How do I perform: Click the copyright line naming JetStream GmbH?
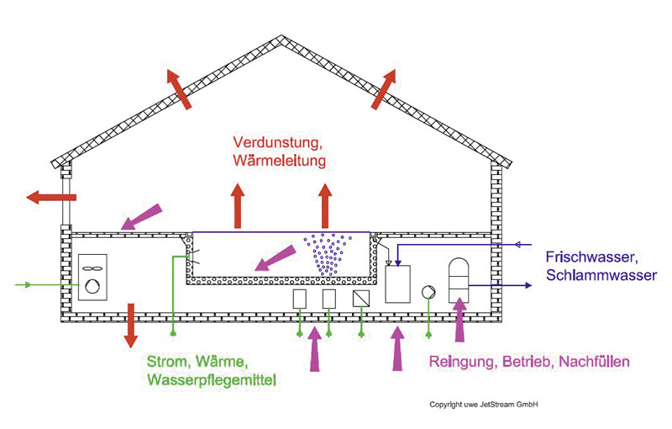[x=483, y=405]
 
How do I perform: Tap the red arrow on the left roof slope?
[x=178, y=89]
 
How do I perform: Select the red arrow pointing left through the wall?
[x=51, y=198]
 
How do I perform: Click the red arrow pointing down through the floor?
[x=130, y=325]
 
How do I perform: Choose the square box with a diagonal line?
[x=361, y=299]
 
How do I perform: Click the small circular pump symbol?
[x=428, y=292]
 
